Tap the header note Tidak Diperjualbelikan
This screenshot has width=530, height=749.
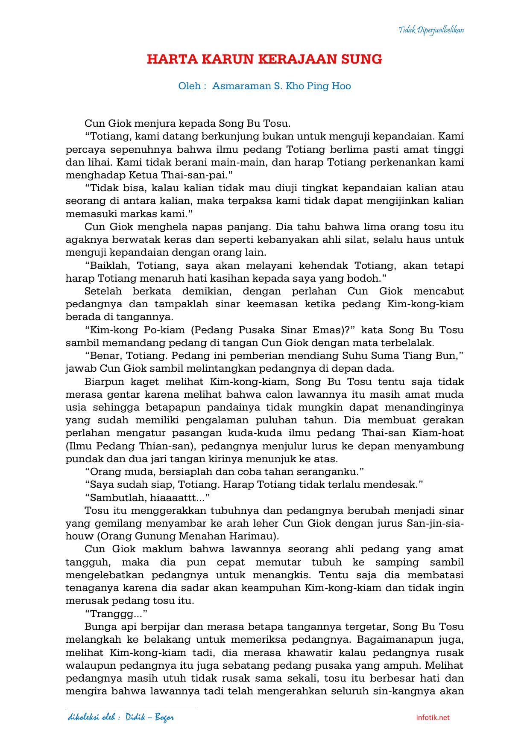[431, 30]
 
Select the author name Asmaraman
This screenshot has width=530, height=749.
[241, 86]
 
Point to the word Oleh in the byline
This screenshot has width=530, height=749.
[190, 86]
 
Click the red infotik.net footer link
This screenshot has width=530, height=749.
[433, 717]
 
